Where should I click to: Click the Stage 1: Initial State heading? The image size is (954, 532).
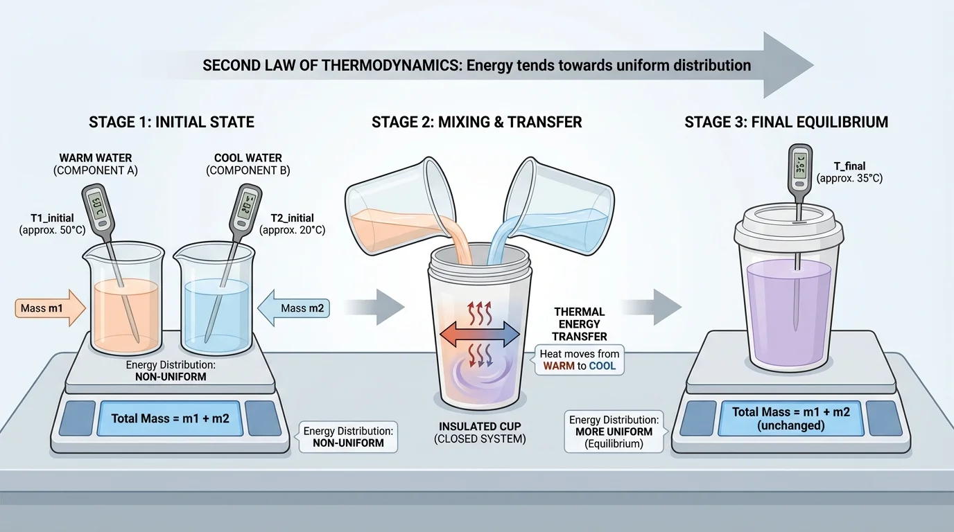(x=171, y=123)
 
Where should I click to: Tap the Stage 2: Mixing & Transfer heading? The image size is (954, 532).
(x=476, y=123)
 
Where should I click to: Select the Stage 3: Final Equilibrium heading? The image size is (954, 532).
(x=786, y=123)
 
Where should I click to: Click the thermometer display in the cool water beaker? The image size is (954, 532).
(x=247, y=206)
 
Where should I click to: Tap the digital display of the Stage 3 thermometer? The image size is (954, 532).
(x=799, y=167)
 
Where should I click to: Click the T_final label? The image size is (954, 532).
(x=849, y=172)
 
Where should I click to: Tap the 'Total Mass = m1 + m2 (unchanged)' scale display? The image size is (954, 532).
(x=791, y=418)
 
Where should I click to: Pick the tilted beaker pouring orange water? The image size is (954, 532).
(x=392, y=204)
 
